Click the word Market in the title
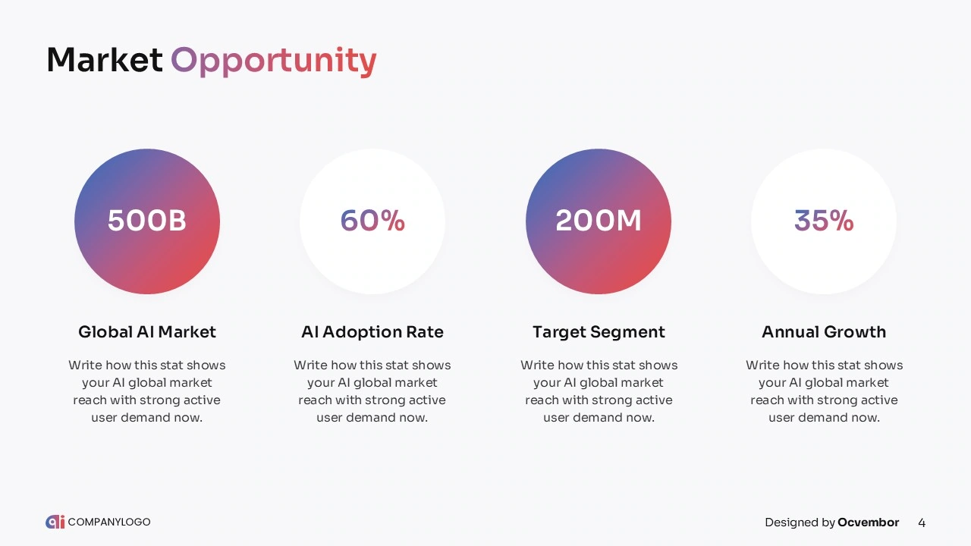(x=105, y=60)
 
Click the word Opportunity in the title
(x=274, y=62)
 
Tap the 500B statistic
(x=147, y=221)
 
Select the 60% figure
(x=372, y=221)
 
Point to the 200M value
(x=599, y=221)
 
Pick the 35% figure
(x=824, y=221)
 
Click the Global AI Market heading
(x=147, y=332)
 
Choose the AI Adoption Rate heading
(x=372, y=332)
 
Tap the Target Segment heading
(x=599, y=332)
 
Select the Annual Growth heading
(x=824, y=332)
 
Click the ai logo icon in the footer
(x=55, y=522)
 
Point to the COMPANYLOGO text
(x=109, y=522)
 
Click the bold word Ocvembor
(x=869, y=522)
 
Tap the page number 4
(x=922, y=522)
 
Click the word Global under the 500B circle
(x=105, y=332)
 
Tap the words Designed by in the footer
(x=800, y=522)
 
